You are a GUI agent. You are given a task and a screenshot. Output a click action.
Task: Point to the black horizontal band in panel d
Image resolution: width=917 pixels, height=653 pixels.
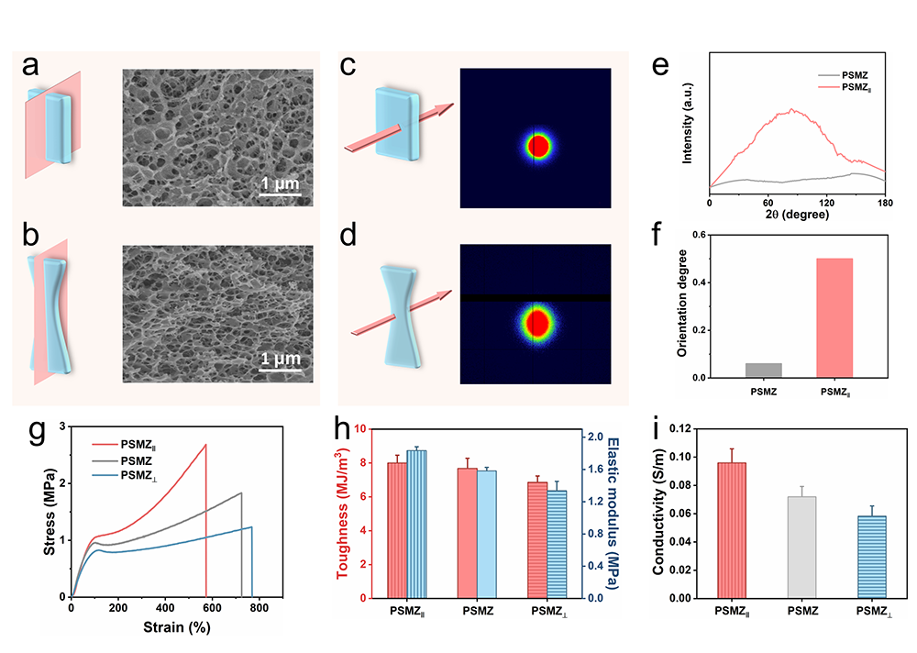point(535,298)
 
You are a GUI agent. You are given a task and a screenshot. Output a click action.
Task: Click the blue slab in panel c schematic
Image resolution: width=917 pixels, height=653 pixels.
point(400,123)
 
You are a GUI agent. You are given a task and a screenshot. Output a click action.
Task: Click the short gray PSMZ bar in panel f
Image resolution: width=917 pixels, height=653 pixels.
point(764,370)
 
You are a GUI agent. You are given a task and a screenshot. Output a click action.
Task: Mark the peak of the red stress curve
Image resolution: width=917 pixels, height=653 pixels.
point(206,445)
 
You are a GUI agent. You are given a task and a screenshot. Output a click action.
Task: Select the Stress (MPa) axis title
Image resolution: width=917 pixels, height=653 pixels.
point(53,512)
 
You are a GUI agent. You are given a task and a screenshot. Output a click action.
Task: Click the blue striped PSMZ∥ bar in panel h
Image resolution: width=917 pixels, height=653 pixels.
point(417,524)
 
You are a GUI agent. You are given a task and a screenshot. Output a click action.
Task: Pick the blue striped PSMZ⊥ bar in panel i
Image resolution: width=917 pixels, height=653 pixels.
point(873,557)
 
